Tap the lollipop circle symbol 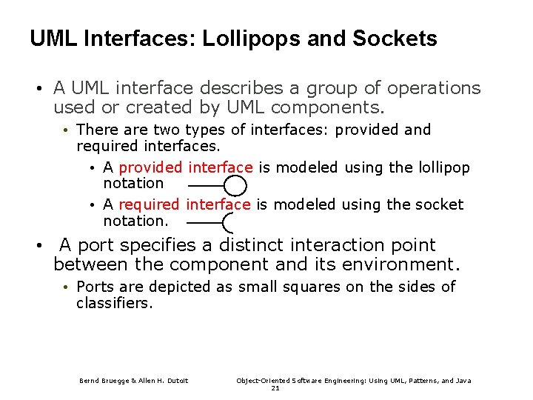pyautogui.click(x=235, y=186)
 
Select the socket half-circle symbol pyautogui.click(x=229, y=222)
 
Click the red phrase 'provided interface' pyautogui.click(x=186, y=167)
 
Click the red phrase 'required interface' pyautogui.click(x=184, y=204)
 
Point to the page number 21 pyautogui.click(x=275, y=387)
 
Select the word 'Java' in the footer pyautogui.click(x=463, y=381)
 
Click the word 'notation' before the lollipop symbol pyautogui.click(x=133, y=183)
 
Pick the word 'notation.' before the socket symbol pyautogui.click(x=136, y=221)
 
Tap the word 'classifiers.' pyautogui.click(x=114, y=303)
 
